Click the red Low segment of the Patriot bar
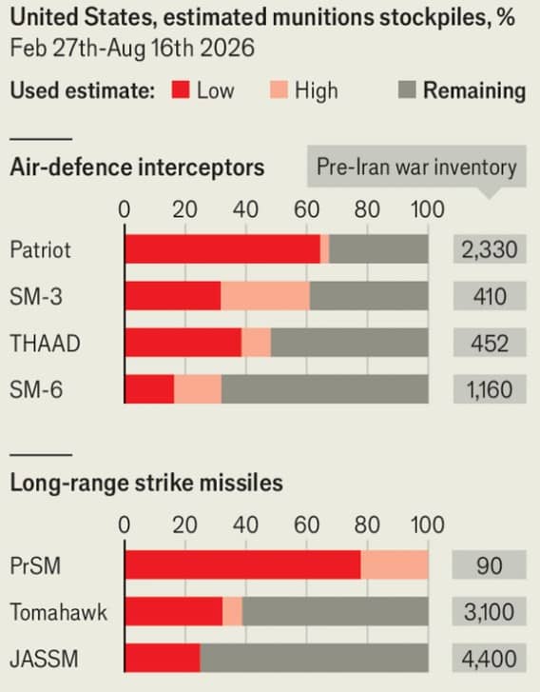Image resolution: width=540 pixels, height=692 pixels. pyautogui.click(x=222, y=248)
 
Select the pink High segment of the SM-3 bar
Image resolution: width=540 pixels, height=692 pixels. pyautogui.click(x=265, y=296)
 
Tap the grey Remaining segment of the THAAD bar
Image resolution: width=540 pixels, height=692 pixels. pyautogui.click(x=350, y=343)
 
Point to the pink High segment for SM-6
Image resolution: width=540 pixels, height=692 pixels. pyautogui.click(x=198, y=389)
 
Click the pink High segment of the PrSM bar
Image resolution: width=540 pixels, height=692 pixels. pyautogui.click(x=395, y=564)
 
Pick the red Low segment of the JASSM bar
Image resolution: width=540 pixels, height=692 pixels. pyautogui.click(x=163, y=658)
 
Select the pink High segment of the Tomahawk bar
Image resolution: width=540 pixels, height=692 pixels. pyautogui.click(x=232, y=611)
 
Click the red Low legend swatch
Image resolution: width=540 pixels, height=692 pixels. pyautogui.click(x=181, y=89)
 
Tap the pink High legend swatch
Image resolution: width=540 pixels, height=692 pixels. pyautogui.click(x=279, y=89)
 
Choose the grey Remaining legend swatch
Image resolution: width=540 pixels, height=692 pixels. pyautogui.click(x=407, y=89)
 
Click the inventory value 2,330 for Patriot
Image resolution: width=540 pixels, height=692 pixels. pyautogui.click(x=490, y=249)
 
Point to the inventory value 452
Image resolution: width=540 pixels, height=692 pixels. pyautogui.click(x=490, y=343)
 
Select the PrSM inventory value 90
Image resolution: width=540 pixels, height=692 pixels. pyautogui.click(x=490, y=565)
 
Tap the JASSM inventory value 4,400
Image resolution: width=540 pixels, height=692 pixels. pyautogui.click(x=490, y=659)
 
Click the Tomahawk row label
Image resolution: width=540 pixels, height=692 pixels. pyautogui.click(x=59, y=612)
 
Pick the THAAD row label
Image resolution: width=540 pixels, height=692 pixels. pyautogui.click(x=45, y=344)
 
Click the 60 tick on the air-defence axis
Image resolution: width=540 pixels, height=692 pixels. pyautogui.click(x=306, y=209)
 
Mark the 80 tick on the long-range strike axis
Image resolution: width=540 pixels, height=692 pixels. pyautogui.click(x=367, y=524)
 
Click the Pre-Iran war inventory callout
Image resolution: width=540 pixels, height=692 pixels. pyautogui.click(x=416, y=168)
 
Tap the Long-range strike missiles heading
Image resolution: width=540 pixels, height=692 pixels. pyautogui.click(x=146, y=483)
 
